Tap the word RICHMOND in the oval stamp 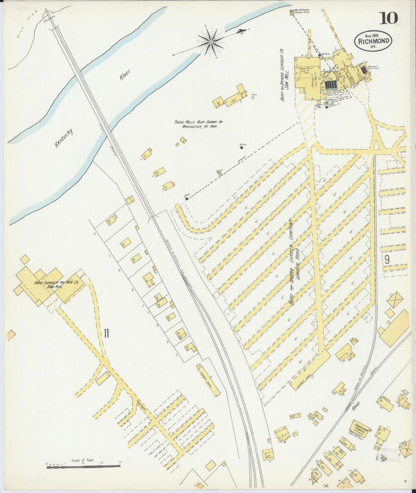tap(374, 41)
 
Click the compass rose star tap(211, 42)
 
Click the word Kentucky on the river tap(64, 138)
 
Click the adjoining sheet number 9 tap(387, 260)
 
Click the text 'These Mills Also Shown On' tap(198, 122)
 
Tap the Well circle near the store tap(253, 98)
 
